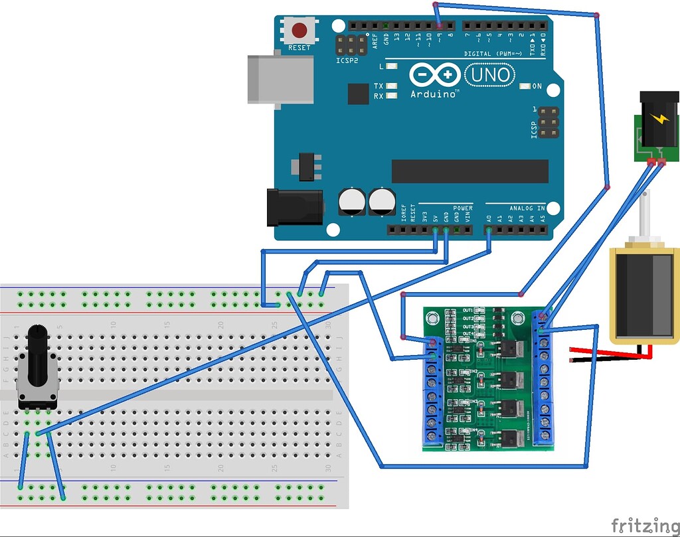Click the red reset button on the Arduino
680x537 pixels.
point(300,31)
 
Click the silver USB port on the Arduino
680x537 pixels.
point(280,79)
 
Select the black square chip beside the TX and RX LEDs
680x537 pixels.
point(358,94)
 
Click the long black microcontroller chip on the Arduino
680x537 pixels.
point(469,171)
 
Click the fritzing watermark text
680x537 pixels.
point(641,524)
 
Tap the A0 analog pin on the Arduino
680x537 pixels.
point(489,230)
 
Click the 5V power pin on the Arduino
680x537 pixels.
point(435,230)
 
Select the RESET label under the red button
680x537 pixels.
point(299,48)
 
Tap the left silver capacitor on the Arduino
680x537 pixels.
point(351,202)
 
